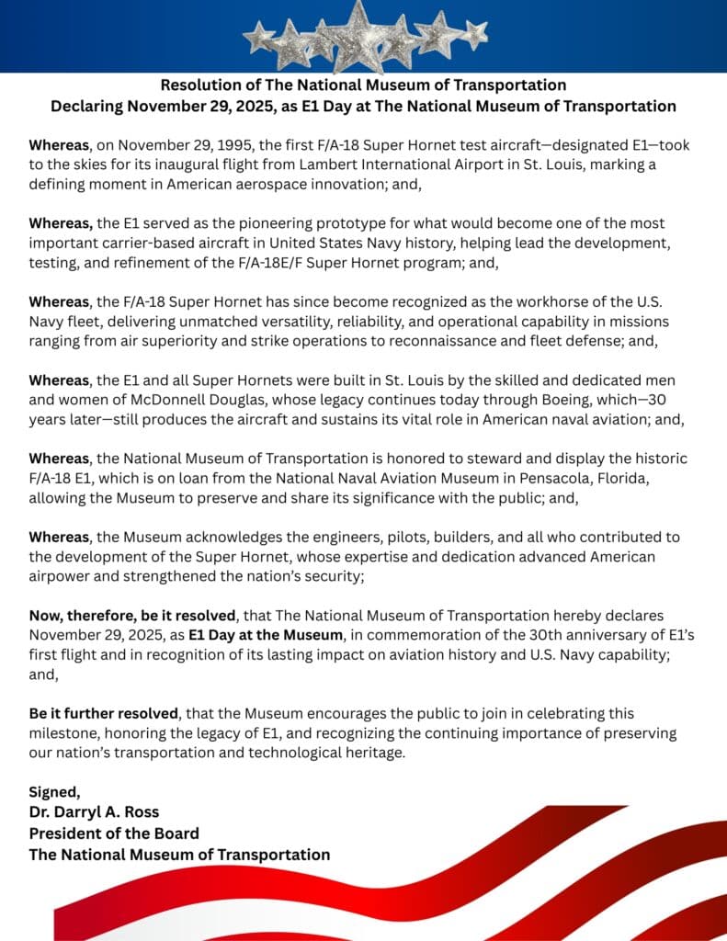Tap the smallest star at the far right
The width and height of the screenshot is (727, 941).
coord(474,35)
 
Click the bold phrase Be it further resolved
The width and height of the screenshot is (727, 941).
coord(104,713)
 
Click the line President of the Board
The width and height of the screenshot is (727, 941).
coord(114,833)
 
